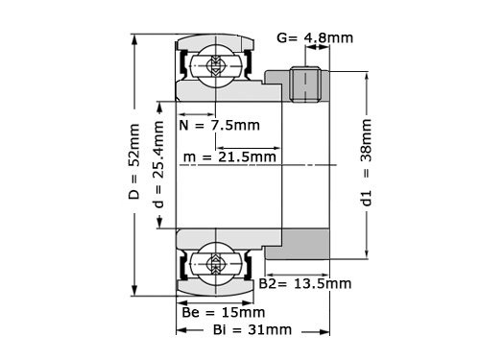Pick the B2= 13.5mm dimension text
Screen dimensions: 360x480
click(305, 284)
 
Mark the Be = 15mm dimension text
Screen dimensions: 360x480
click(223, 312)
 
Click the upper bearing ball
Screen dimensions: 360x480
click(213, 65)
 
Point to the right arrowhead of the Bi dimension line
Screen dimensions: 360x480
click(325, 330)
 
